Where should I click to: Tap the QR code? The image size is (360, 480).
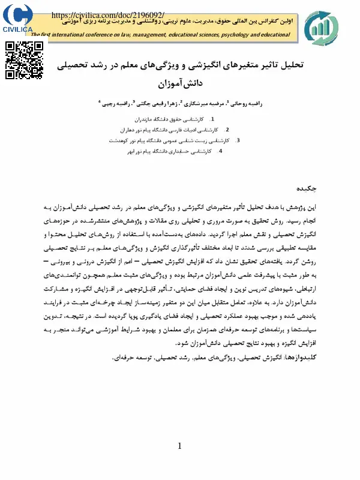[x=25, y=61]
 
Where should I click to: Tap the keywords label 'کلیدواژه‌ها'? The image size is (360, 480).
[x=298, y=358]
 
